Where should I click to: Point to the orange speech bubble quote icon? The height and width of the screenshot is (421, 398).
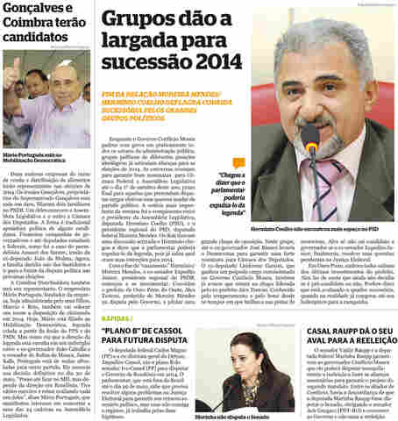coord(238,162)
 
